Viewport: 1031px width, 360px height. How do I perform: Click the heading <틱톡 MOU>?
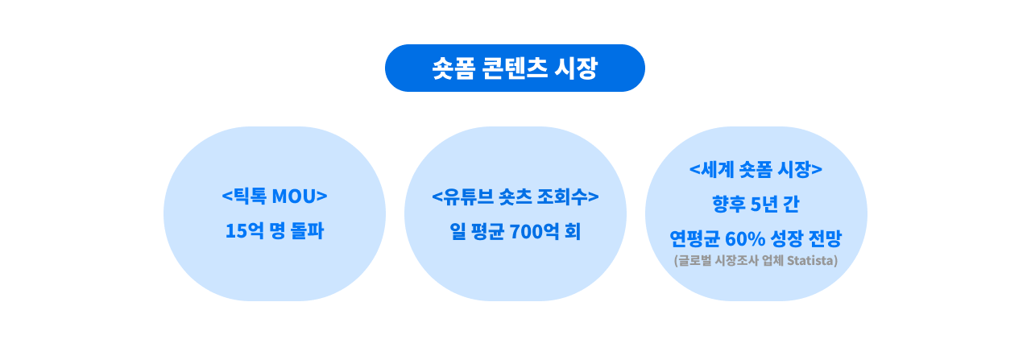(275, 196)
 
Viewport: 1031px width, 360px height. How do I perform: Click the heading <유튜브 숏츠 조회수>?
(515, 196)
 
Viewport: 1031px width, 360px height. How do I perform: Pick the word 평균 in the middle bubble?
(486, 231)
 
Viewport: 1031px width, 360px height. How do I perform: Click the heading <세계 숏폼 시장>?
(756, 169)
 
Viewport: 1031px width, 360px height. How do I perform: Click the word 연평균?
(694, 238)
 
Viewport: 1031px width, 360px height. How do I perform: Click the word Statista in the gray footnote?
(811, 260)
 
